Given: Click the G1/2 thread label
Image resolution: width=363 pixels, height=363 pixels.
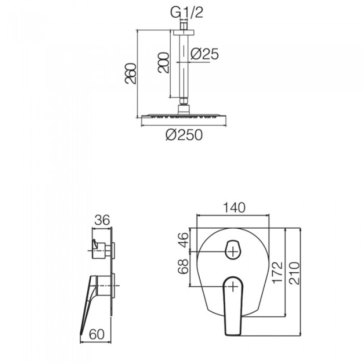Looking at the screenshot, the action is tap(186, 13).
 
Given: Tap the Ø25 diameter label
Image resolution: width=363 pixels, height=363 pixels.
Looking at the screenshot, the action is tap(205, 54).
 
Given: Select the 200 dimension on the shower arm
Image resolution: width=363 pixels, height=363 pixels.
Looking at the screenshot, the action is tap(163, 63).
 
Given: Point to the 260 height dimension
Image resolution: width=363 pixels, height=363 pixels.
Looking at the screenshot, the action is tap(130, 73).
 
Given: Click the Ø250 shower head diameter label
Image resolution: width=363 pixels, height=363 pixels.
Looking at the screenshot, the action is tap(184, 135).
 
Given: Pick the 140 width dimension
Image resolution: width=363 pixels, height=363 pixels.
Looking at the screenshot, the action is tap(234, 208).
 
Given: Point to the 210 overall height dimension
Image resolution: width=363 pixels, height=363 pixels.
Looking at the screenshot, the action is tap(294, 273).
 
